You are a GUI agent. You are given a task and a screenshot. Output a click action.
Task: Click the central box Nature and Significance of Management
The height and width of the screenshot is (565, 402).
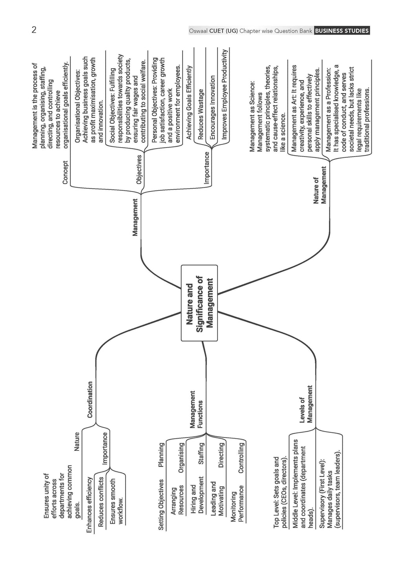point(199,303)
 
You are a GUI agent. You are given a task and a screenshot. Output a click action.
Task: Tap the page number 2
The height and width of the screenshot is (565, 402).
point(34,30)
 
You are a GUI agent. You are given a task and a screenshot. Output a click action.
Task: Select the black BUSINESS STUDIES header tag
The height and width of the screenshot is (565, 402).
point(342,31)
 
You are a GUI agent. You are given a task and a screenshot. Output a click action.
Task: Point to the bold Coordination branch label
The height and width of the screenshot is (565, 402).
point(90,399)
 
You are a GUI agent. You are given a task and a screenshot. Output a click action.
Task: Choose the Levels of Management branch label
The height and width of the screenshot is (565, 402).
point(306,404)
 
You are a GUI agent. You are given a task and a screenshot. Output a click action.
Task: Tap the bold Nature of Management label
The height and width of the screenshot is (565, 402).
point(320,185)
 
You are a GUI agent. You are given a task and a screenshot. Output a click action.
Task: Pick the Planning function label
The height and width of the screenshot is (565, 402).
point(161,455)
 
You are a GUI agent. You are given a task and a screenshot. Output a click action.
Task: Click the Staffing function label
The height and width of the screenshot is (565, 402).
point(201,454)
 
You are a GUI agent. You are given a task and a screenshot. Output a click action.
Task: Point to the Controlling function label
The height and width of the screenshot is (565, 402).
point(241,457)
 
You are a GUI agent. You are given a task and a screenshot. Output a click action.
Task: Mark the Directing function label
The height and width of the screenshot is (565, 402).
point(221,455)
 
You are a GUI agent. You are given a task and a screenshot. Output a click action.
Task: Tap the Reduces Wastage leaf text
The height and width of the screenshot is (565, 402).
point(201,114)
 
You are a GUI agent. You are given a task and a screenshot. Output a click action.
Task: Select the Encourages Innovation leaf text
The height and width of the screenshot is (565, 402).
point(212,107)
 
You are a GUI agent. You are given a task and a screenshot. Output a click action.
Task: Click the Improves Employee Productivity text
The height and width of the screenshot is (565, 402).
point(224,94)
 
